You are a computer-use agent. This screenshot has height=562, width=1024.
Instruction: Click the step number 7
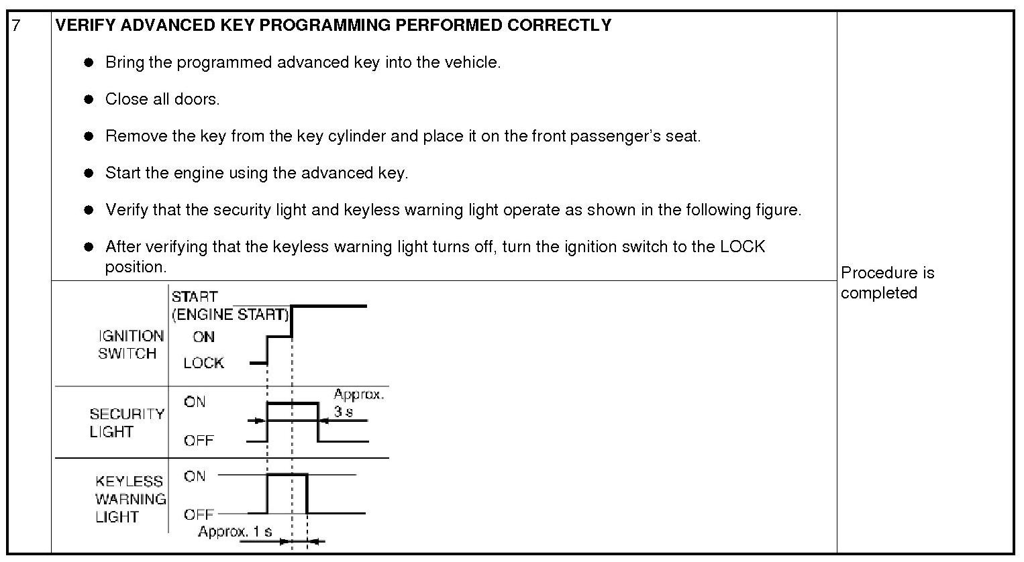click(17, 26)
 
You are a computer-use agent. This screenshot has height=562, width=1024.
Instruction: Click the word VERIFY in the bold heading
click(79, 25)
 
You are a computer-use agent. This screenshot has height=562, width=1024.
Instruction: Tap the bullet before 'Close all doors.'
click(89, 99)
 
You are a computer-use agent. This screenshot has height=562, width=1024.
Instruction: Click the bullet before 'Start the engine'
click(89, 173)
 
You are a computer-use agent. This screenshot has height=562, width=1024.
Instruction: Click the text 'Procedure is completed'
click(887, 283)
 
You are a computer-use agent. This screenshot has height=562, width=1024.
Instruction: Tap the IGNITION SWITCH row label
click(130, 345)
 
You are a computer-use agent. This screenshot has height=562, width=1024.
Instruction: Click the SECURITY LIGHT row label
click(127, 423)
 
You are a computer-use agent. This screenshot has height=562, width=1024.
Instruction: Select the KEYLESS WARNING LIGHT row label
click(130, 499)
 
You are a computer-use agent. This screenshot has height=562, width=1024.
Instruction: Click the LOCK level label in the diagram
click(203, 363)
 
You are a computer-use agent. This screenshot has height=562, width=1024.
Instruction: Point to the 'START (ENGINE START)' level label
click(229, 305)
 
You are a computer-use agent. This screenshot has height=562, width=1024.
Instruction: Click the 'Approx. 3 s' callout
click(358, 402)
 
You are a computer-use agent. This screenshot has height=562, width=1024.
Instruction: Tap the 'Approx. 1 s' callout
click(235, 532)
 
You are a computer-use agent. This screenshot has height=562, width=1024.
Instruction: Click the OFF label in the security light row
click(199, 441)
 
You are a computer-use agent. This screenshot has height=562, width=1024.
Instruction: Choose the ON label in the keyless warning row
click(195, 476)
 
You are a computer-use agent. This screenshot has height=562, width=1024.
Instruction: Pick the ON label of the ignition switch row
click(203, 337)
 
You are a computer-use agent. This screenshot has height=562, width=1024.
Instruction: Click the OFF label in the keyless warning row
click(199, 514)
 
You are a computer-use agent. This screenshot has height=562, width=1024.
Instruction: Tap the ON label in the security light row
click(195, 402)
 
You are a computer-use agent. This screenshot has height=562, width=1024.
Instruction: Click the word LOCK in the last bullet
click(742, 247)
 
